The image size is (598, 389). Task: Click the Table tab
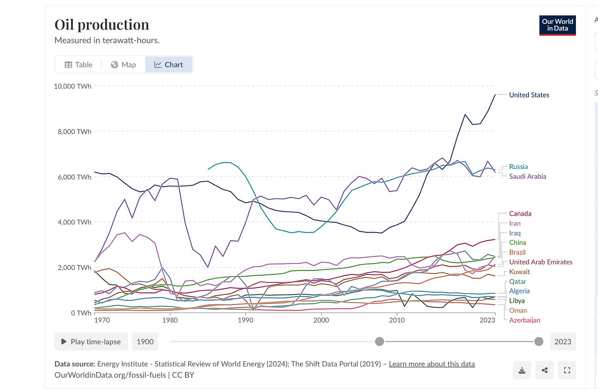click(78, 65)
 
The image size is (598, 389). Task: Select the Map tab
click(123, 65)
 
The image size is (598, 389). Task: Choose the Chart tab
click(169, 65)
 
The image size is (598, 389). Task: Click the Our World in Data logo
click(557, 25)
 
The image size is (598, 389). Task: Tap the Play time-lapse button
click(91, 342)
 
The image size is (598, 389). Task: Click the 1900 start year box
click(145, 342)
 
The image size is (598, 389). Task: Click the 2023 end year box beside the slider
click(563, 342)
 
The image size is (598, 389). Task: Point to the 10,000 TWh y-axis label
click(73, 86)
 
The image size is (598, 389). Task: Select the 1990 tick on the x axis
click(246, 320)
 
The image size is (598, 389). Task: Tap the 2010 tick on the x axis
click(397, 320)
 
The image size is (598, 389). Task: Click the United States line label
click(529, 95)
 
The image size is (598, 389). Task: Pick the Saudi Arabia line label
click(527, 177)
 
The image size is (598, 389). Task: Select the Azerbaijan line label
click(524, 320)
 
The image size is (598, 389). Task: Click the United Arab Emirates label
click(540, 262)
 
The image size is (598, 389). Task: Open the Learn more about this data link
click(432, 364)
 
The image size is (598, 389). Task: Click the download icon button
click(522, 370)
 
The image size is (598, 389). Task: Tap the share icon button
click(545, 370)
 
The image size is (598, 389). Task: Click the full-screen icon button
click(567, 370)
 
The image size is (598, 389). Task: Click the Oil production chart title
click(102, 25)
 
